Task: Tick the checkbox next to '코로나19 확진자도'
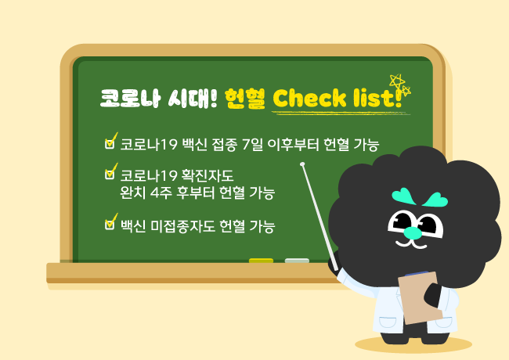click(x=110, y=174)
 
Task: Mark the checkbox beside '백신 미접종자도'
click(x=110, y=225)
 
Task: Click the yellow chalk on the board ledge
click(x=261, y=261)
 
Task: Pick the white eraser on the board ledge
click(x=297, y=261)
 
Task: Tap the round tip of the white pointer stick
click(x=302, y=165)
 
